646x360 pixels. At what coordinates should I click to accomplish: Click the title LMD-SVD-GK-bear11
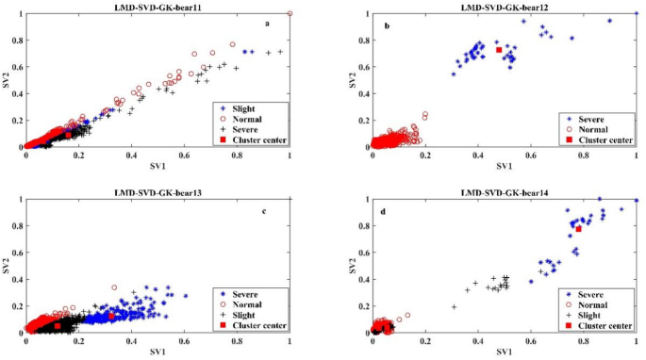click(x=157, y=8)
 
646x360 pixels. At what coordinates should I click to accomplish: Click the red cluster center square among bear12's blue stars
click(x=499, y=50)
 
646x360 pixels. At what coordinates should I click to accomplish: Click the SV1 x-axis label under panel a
click(x=157, y=166)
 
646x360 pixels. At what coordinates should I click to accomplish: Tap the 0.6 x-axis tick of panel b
click(x=531, y=155)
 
